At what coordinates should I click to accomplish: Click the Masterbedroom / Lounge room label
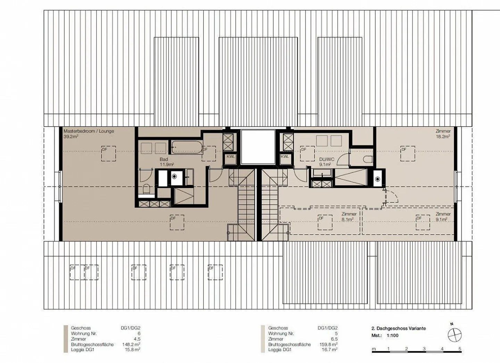pyautogui.click(x=89, y=131)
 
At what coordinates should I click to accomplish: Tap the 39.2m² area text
pyautogui.click(x=71, y=137)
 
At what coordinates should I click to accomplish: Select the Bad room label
pyautogui.click(x=164, y=159)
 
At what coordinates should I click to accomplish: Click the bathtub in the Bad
pyautogui.click(x=186, y=147)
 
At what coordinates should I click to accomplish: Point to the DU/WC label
pyautogui.click(x=326, y=159)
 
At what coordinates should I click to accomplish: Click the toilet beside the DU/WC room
pyautogui.click(x=367, y=159)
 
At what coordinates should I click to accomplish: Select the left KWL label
pyautogui.click(x=231, y=156)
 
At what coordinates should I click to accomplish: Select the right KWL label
pyautogui.click(x=285, y=156)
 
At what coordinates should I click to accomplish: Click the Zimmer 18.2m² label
pyautogui.click(x=443, y=134)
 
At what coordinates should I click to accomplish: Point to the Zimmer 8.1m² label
pyautogui.click(x=349, y=217)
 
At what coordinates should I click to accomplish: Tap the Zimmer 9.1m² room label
pyautogui.click(x=443, y=217)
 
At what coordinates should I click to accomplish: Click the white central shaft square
pyautogui.click(x=258, y=147)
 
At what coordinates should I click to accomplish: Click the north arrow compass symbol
pyautogui.click(x=454, y=336)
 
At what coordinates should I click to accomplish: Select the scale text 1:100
pyautogui.click(x=392, y=336)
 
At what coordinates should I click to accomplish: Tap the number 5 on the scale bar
pyautogui.click(x=460, y=348)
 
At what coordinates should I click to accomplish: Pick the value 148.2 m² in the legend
pyautogui.click(x=132, y=344)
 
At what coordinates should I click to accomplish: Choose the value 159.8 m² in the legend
pyautogui.click(x=329, y=344)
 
